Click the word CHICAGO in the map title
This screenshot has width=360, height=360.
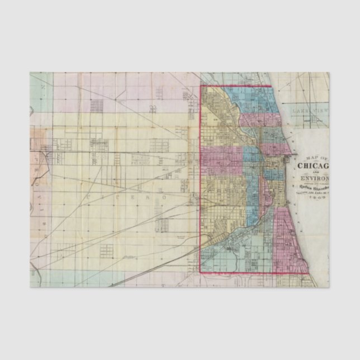314,165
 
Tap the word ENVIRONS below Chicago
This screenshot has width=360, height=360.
314,179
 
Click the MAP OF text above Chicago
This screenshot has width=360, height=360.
314,157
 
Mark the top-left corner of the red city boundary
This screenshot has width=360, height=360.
201,86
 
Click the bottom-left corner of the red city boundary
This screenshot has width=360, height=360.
201,272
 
